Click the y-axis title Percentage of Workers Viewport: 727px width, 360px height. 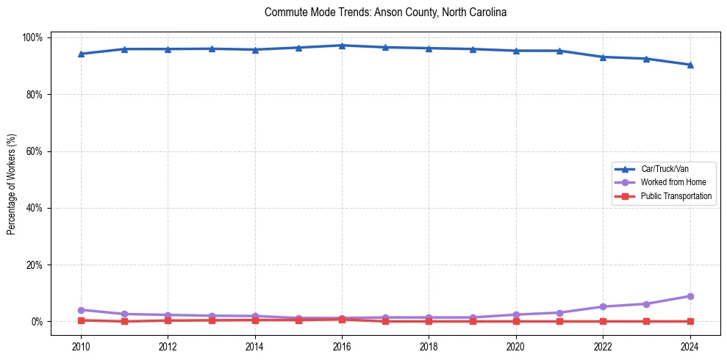[x=12, y=179]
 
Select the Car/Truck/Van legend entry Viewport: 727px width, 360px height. [x=662, y=169]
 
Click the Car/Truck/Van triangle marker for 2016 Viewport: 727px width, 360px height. [x=342, y=46]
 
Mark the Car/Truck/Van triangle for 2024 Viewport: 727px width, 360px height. [x=690, y=65]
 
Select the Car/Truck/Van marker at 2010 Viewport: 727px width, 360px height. [x=81, y=54]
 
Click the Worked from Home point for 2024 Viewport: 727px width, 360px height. [x=690, y=296]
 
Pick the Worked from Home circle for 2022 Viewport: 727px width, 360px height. [x=603, y=306]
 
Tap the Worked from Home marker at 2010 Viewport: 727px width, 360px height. [x=81, y=310]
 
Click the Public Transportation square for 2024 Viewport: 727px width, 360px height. [x=690, y=321]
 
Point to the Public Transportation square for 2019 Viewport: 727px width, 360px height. [x=473, y=321]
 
